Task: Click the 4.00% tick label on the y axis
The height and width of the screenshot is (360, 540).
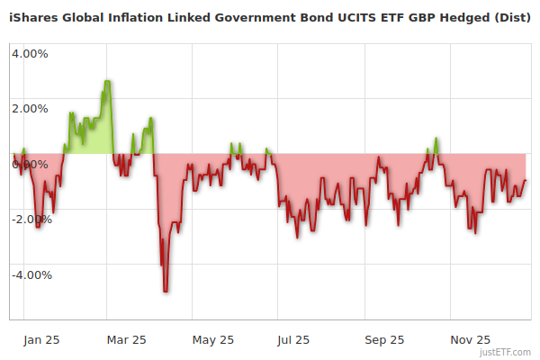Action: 30,53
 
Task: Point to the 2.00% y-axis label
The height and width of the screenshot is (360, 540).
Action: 30,109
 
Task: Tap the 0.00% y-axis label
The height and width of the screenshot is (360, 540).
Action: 30,164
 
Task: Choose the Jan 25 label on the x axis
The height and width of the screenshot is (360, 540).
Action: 42,339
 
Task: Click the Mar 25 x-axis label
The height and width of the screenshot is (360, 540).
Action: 126,339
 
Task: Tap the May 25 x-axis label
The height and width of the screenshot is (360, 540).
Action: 213,339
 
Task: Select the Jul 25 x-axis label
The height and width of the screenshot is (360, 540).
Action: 294,339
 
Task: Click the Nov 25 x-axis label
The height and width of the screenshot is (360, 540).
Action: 471,339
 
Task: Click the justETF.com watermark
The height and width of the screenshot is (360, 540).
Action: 505,352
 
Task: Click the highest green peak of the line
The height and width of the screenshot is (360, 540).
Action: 108,81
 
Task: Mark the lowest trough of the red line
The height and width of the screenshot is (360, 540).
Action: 166,291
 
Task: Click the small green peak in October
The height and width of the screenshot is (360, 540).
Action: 436,139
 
